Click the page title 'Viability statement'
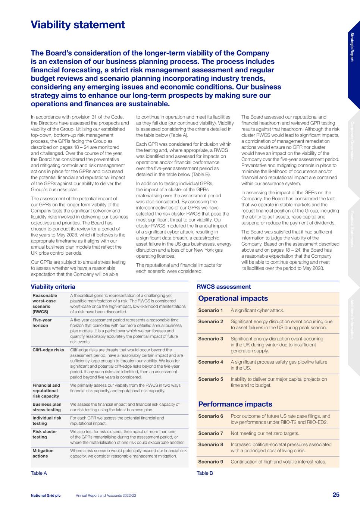[x=78, y=25]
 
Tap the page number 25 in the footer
[x=336, y=495]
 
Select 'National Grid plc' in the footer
[x=46, y=495]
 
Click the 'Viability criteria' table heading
[x=53, y=287]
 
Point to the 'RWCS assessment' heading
[x=223, y=287]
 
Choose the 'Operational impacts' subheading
[x=233, y=298]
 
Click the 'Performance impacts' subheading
[x=235, y=404]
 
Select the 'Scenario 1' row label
[x=210, y=310]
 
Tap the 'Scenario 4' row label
[x=210, y=362]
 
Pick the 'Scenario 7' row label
[x=210, y=433]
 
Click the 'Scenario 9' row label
[x=210, y=462]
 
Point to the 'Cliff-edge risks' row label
[x=48, y=350]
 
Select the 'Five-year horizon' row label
[x=42, y=323]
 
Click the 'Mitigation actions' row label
[x=43, y=453]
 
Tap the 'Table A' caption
[x=39, y=473]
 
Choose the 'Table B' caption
[x=205, y=473]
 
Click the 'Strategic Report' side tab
[x=352, y=47]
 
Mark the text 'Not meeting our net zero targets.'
[x=265, y=433]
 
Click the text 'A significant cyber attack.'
[x=257, y=310]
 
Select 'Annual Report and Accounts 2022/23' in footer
[x=106, y=495]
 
